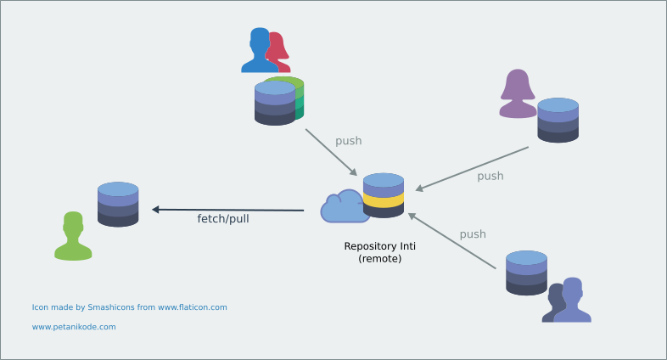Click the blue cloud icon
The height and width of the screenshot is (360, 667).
pyautogui.click(x=344, y=207)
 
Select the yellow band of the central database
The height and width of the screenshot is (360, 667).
pyautogui.click(x=383, y=200)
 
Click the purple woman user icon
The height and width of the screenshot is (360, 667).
pyautogui.click(x=518, y=94)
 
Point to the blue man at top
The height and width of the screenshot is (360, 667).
pyautogui.click(x=259, y=51)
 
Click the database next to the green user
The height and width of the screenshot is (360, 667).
pyautogui.click(x=118, y=204)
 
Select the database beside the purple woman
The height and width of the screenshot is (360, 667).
pyautogui.click(x=558, y=120)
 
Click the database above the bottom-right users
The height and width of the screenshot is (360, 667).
pyautogui.click(x=526, y=273)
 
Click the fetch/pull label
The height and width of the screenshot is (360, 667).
pyautogui.click(x=223, y=218)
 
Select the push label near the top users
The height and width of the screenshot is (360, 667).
pyautogui.click(x=349, y=141)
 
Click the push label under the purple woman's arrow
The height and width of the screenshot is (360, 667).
pyautogui.click(x=490, y=176)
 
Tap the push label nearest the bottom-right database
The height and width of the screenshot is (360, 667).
pyautogui.click(x=473, y=234)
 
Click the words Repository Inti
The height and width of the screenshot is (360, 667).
pyautogui.click(x=379, y=246)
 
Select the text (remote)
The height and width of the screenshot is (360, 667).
pyautogui.click(x=379, y=258)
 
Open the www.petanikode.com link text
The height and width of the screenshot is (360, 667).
pyautogui.click(x=74, y=326)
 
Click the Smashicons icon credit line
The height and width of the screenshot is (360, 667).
pyautogui.click(x=129, y=307)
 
